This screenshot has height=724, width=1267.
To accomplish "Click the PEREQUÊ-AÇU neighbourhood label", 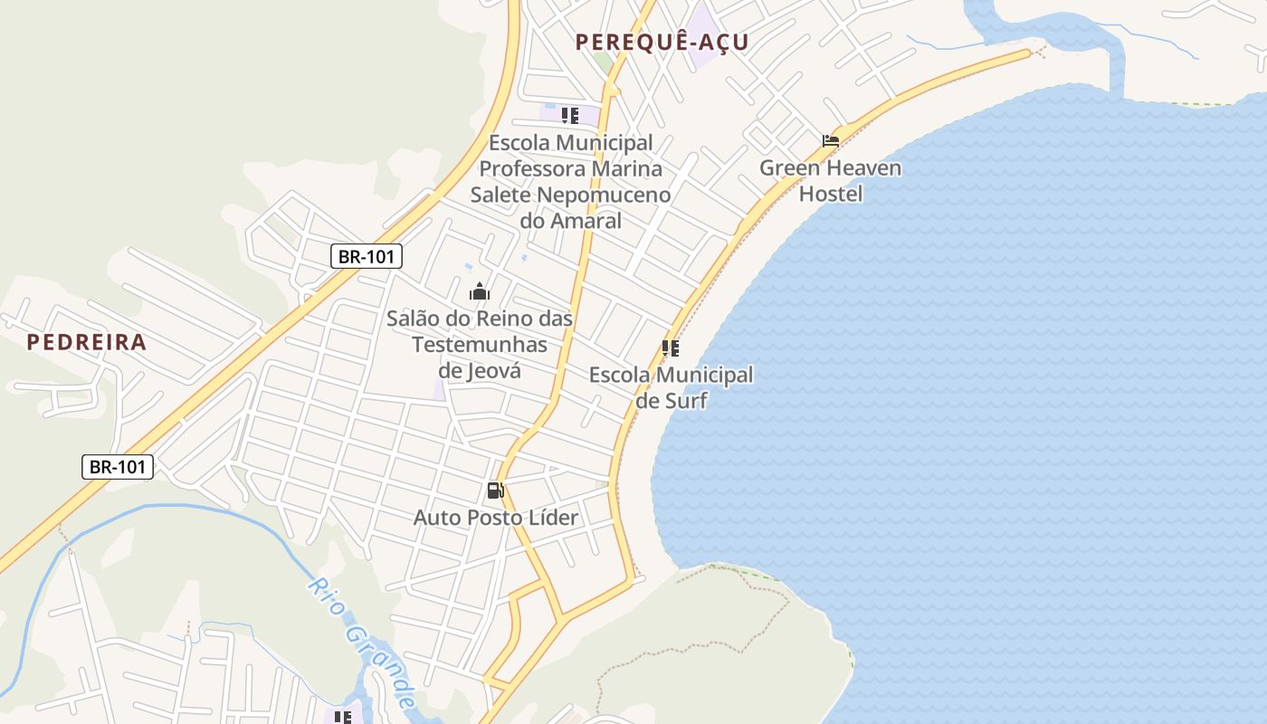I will point(662,42).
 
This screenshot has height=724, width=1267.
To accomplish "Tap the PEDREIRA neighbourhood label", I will point(86,341).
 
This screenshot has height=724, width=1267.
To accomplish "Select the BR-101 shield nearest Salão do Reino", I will point(366,256).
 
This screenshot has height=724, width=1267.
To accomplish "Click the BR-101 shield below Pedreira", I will point(118,467).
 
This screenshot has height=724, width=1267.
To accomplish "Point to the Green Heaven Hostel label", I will point(830,180).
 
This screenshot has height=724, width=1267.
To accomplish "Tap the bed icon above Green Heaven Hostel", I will point(831,141).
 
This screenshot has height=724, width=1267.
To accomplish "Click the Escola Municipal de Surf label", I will point(671,387).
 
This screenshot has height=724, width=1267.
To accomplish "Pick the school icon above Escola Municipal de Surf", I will point(671,348).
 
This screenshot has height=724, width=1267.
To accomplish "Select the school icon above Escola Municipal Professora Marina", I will point(570,115).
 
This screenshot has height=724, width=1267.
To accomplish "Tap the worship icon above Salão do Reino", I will point(480,291).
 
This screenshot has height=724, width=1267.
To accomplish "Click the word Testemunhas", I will point(480,344).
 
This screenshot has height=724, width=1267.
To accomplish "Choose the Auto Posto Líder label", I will point(495,518).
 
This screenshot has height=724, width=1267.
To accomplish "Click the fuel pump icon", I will point(495,491).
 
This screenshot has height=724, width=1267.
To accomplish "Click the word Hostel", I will point(831,194).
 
